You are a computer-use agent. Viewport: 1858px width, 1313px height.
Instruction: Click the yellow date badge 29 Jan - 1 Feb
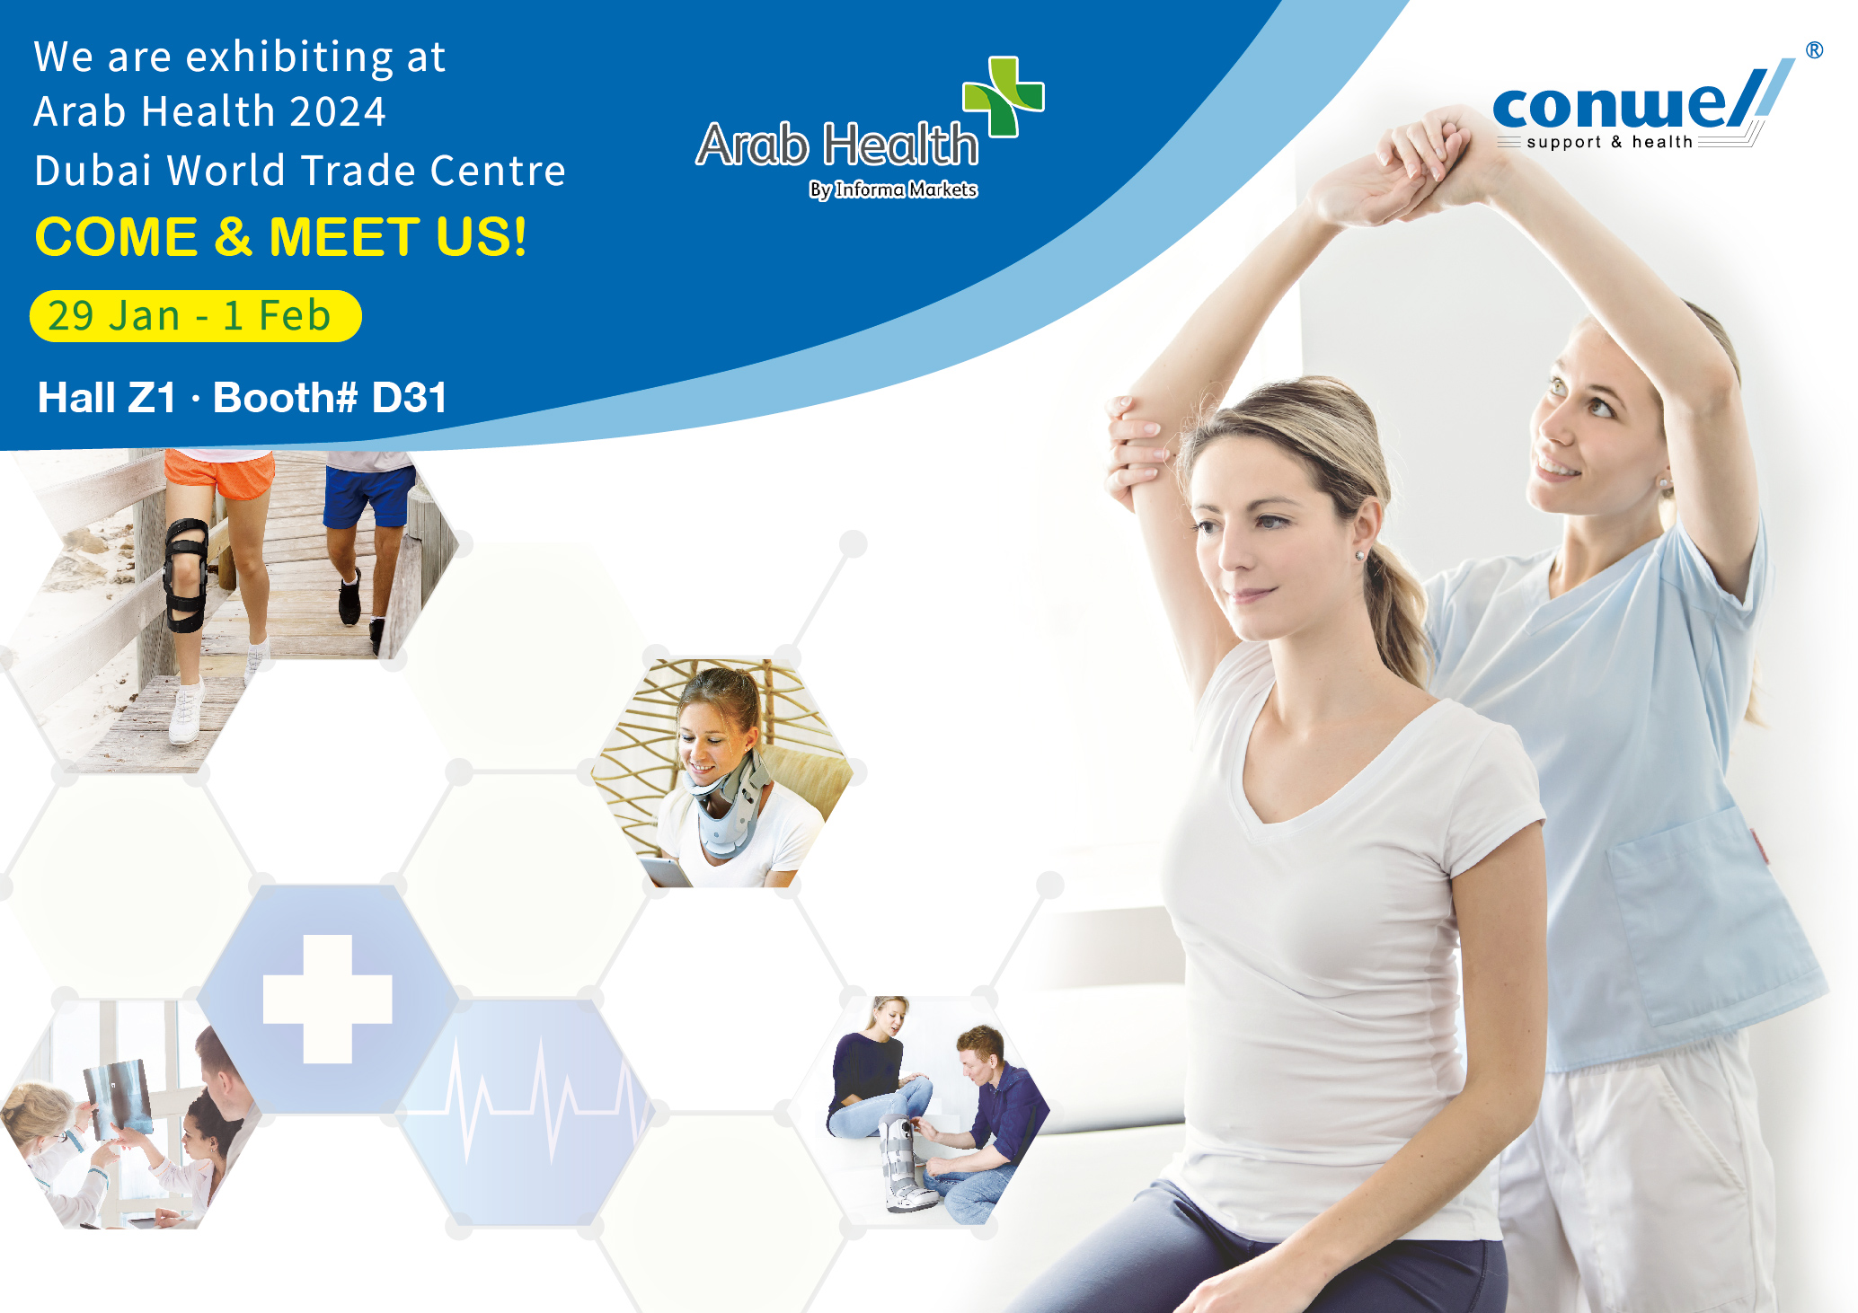pyautogui.click(x=196, y=316)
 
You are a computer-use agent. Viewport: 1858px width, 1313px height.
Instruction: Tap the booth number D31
pyautogui.click(x=409, y=398)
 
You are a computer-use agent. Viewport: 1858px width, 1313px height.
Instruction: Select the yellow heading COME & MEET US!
pyautogui.click(x=280, y=237)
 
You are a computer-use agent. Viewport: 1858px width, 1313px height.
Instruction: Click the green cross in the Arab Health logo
pyautogui.click(x=1004, y=96)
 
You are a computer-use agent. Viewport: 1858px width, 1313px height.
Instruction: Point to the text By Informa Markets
pyautogui.click(x=893, y=189)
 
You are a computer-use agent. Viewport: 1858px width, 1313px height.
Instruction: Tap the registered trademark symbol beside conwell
pyautogui.click(x=1814, y=50)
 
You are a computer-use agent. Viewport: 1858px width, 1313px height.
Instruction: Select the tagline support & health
pyautogui.click(x=1609, y=142)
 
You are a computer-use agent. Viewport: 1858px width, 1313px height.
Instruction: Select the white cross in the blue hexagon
pyautogui.click(x=327, y=999)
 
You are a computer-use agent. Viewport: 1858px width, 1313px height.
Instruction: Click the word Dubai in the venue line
pyautogui.click(x=93, y=170)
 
